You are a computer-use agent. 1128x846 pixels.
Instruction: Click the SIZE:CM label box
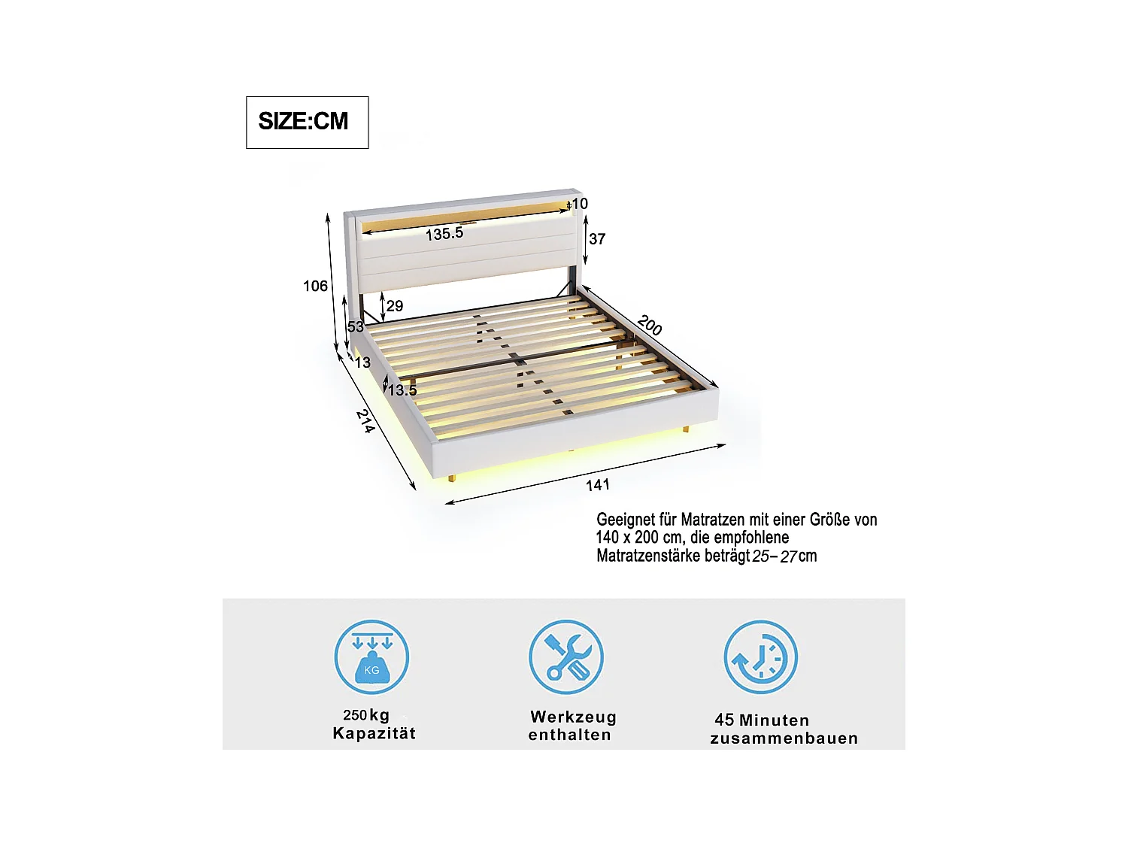(x=307, y=122)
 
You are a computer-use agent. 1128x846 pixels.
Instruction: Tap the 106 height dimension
(x=315, y=286)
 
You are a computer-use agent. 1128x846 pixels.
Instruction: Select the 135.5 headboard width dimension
(x=444, y=234)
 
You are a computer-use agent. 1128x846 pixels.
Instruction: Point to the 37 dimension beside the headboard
(x=597, y=239)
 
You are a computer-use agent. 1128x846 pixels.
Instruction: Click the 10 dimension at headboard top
(x=579, y=204)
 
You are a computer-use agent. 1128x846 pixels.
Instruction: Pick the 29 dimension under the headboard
(x=395, y=306)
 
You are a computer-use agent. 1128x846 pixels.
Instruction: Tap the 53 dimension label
(x=355, y=326)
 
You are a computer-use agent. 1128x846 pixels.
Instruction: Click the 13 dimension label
(x=362, y=362)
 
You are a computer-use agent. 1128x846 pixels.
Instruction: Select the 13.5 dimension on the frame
(x=402, y=390)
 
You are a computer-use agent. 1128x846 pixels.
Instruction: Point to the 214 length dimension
(x=365, y=421)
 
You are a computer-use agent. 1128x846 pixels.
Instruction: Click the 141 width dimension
(x=598, y=485)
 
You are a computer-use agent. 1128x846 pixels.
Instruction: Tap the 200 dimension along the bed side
(x=650, y=326)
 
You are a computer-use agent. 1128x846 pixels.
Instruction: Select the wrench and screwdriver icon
(x=566, y=656)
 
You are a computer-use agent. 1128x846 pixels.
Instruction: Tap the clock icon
(x=760, y=657)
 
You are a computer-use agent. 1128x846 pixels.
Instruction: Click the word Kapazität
(x=374, y=734)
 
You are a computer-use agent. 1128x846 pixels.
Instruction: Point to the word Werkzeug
(x=573, y=717)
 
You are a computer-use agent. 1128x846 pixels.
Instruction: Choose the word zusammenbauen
(x=784, y=738)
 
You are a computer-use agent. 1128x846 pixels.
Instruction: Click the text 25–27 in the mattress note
(x=774, y=556)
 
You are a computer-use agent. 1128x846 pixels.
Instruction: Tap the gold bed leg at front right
(x=686, y=429)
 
